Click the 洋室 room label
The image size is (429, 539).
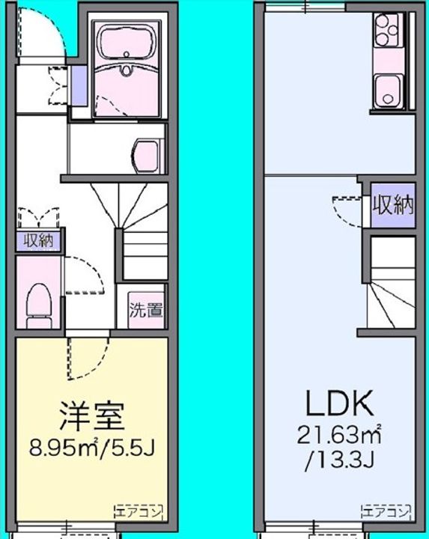[92, 416]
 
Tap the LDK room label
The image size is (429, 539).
[339, 404]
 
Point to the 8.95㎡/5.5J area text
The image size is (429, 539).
[93, 447]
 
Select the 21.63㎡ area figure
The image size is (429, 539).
[339, 434]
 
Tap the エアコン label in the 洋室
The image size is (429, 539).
[139, 513]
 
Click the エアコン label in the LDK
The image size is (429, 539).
[386, 513]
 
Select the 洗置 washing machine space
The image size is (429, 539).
[146, 310]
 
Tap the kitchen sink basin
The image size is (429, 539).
[387, 91]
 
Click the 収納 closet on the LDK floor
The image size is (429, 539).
[393, 206]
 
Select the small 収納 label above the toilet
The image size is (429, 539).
[38, 240]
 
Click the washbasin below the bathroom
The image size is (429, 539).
[147, 156]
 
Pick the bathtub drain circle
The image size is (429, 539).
[127, 54]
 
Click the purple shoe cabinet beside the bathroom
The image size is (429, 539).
[79, 85]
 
